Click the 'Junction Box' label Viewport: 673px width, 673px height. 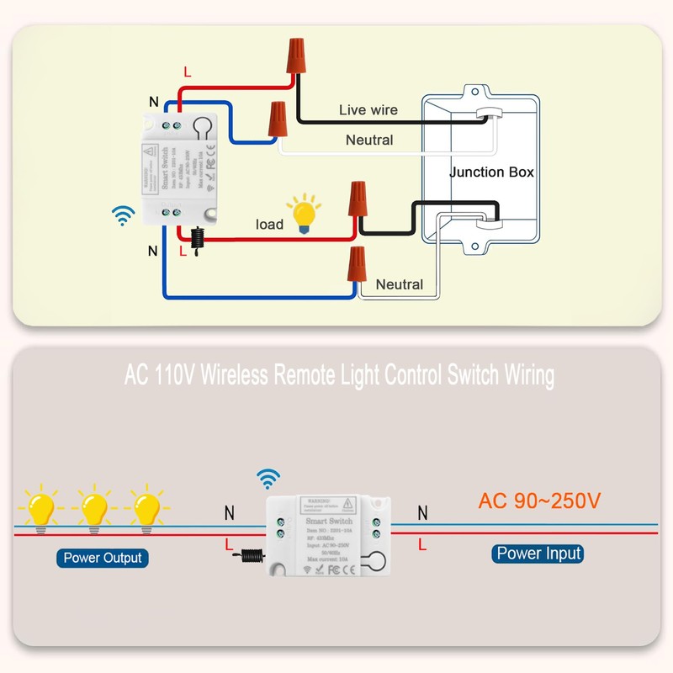pyautogui.click(x=491, y=172)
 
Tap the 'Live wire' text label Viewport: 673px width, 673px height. pyautogui.click(x=368, y=110)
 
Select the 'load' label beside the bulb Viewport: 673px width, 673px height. pyautogui.click(x=269, y=225)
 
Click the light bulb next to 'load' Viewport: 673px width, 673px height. pyautogui.click(x=302, y=213)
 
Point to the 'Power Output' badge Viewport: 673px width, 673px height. pyautogui.click(x=103, y=558)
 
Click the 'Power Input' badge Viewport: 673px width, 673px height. pyautogui.click(x=538, y=554)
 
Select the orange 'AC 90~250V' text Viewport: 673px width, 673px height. pyautogui.click(x=539, y=501)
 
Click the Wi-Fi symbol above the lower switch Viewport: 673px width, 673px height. pyautogui.click(x=268, y=480)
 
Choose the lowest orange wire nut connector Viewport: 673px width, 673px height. pyautogui.click(x=357, y=266)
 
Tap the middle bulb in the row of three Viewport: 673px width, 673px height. pyautogui.click(x=93, y=508)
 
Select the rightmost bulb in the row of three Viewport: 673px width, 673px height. pyautogui.click(x=146, y=508)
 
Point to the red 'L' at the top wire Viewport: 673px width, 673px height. pyautogui.click(x=187, y=72)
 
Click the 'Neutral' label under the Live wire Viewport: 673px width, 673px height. pyautogui.click(x=369, y=140)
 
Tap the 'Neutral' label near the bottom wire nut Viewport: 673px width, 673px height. pyautogui.click(x=400, y=284)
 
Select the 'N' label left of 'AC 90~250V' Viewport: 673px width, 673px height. pyautogui.click(x=422, y=512)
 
